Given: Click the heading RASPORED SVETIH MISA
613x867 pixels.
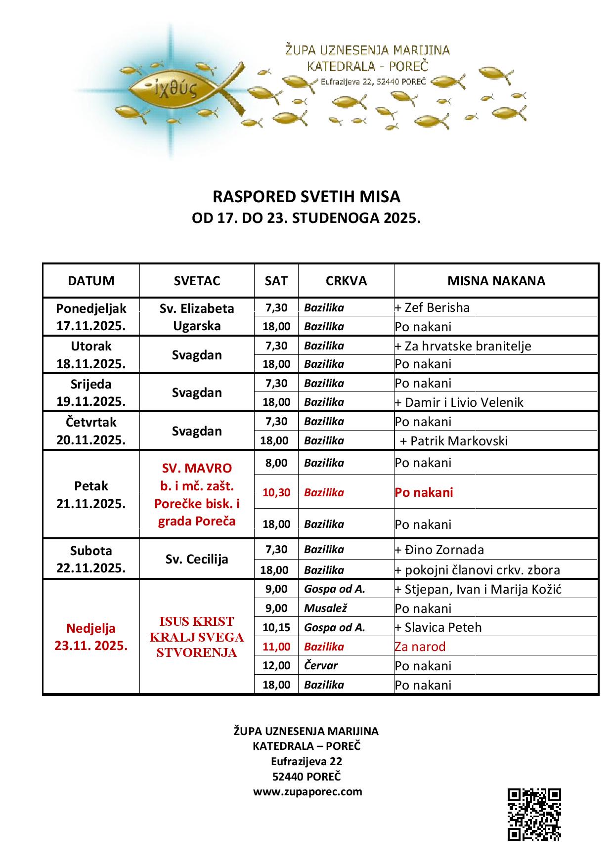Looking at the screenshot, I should [x=306, y=197].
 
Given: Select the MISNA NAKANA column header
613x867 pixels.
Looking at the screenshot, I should [x=496, y=281].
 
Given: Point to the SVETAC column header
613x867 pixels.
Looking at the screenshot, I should [x=197, y=281].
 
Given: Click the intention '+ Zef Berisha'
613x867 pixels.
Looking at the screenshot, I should [x=433, y=308].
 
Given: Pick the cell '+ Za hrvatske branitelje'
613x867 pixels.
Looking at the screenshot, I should [x=463, y=346].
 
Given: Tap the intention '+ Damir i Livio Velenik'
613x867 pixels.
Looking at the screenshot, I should [x=459, y=402].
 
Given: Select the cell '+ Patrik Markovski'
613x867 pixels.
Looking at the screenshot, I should [x=454, y=441].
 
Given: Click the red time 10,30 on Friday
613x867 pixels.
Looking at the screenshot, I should [x=276, y=492].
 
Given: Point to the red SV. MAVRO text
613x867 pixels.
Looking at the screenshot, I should [x=197, y=468].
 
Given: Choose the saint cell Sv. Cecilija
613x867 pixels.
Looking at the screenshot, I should [x=197, y=560].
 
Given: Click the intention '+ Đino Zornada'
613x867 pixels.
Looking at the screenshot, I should [x=439, y=550].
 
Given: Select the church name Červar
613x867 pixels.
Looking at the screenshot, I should [x=321, y=665].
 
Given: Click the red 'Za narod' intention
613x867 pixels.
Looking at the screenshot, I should [x=420, y=647].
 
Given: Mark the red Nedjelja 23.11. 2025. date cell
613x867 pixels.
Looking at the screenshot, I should [x=91, y=637].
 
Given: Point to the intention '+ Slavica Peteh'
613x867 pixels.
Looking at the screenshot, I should [x=438, y=628].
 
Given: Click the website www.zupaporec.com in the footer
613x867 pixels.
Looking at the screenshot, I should [x=307, y=791].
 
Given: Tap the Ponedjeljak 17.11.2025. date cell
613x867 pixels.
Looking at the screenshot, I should [x=91, y=317].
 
